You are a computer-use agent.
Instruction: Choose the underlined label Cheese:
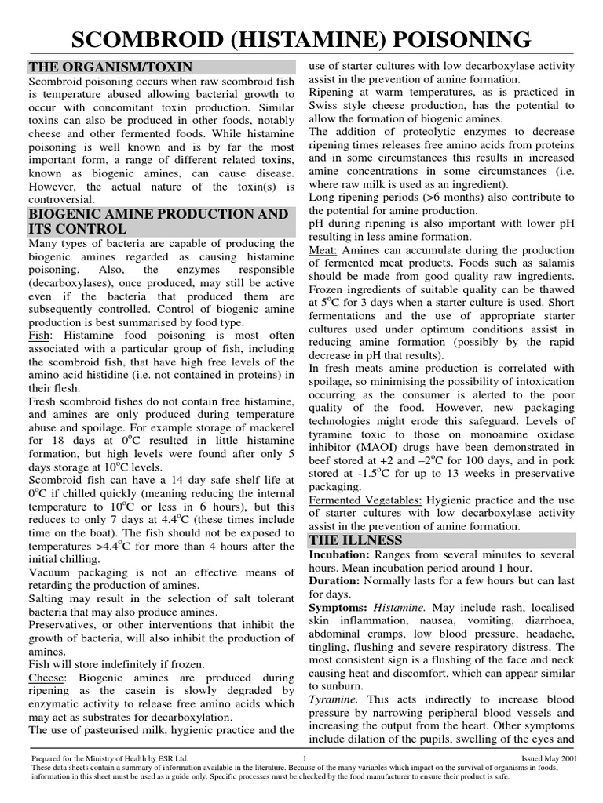point(49,676)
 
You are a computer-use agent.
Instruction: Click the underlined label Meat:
point(323,249)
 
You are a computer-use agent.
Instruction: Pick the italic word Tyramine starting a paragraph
point(334,699)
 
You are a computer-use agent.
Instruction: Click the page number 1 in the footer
point(303,758)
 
